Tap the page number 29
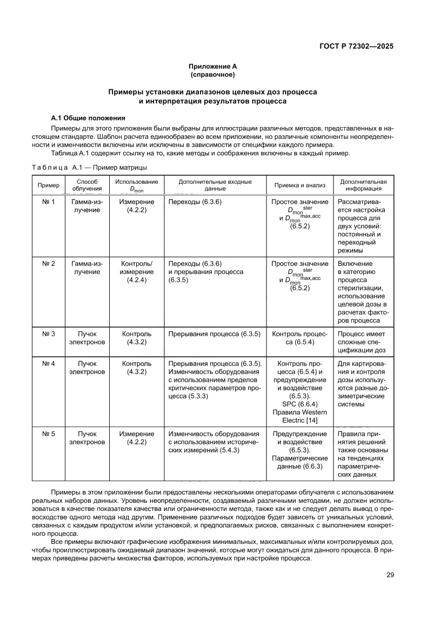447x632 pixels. click(x=390, y=575)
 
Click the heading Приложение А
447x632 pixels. click(x=212, y=65)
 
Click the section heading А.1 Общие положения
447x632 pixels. click(x=88, y=117)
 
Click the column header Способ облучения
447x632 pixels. click(x=86, y=185)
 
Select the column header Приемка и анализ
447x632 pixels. click(x=300, y=185)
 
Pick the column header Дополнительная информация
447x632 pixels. click(x=363, y=185)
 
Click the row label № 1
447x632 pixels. click(x=49, y=202)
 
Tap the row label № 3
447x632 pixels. click(x=49, y=334)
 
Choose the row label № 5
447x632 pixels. click(x=49, y=434)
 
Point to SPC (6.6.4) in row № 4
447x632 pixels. click(x=300, y=403)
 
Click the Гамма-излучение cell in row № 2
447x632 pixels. click(x=86, y=268)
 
